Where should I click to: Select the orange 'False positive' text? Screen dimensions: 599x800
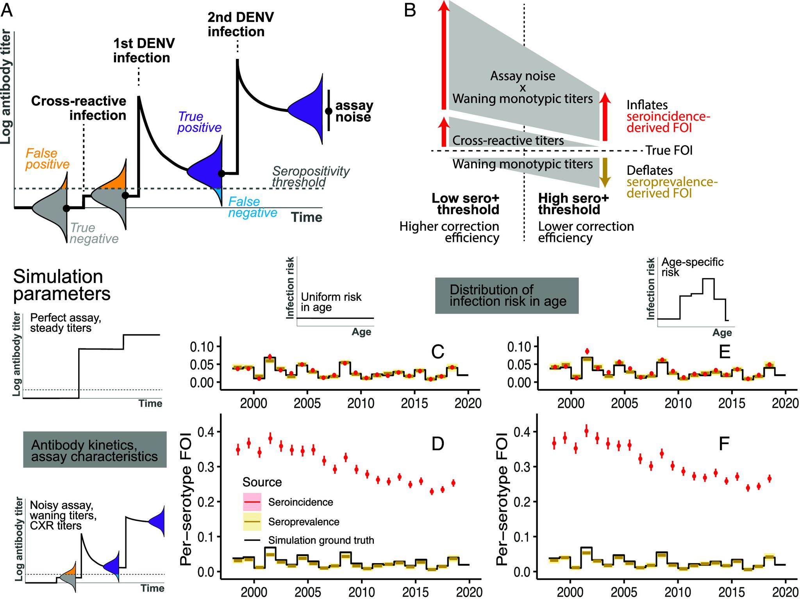click(x=47, y=159)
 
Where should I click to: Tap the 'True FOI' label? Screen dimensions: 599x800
click(x=669, y=151)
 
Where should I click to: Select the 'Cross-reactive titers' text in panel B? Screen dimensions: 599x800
click(x=508, y=140)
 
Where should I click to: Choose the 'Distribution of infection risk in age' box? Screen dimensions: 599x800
click(x=507, y=295)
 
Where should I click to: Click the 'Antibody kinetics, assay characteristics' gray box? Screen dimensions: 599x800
click(x=95, y=450)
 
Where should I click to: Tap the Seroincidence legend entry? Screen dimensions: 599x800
click(x=300, y=502)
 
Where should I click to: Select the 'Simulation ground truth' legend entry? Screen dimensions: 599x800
click(x=320, y=540)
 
